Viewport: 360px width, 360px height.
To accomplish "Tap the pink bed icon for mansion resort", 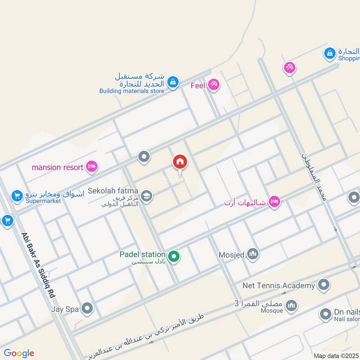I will pos(92,167).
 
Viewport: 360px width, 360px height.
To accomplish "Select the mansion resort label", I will pos(57,167).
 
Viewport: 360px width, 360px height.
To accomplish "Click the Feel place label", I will pos(198,85).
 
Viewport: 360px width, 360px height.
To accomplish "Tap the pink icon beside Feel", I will pos(213,85).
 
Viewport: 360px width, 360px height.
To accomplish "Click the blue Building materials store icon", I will pos(172,82).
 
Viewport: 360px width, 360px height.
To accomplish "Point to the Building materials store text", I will pos(132,91).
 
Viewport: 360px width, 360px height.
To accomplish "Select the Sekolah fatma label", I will pos(113,191).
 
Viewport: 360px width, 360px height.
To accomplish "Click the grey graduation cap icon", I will pos(146,196).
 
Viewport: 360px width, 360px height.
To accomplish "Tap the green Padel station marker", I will pos(174,257).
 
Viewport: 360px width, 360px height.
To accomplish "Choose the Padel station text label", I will pos(142,254).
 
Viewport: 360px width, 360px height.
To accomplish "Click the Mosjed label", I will pos(231,255).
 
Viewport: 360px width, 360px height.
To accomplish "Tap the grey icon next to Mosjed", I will pos(253,255).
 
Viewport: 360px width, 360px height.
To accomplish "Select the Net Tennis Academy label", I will pos(279,285).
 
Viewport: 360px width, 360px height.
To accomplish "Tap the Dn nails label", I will pos(347,311).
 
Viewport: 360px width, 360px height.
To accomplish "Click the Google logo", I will pos(19,353).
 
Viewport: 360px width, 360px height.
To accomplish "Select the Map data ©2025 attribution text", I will pos(336,355).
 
